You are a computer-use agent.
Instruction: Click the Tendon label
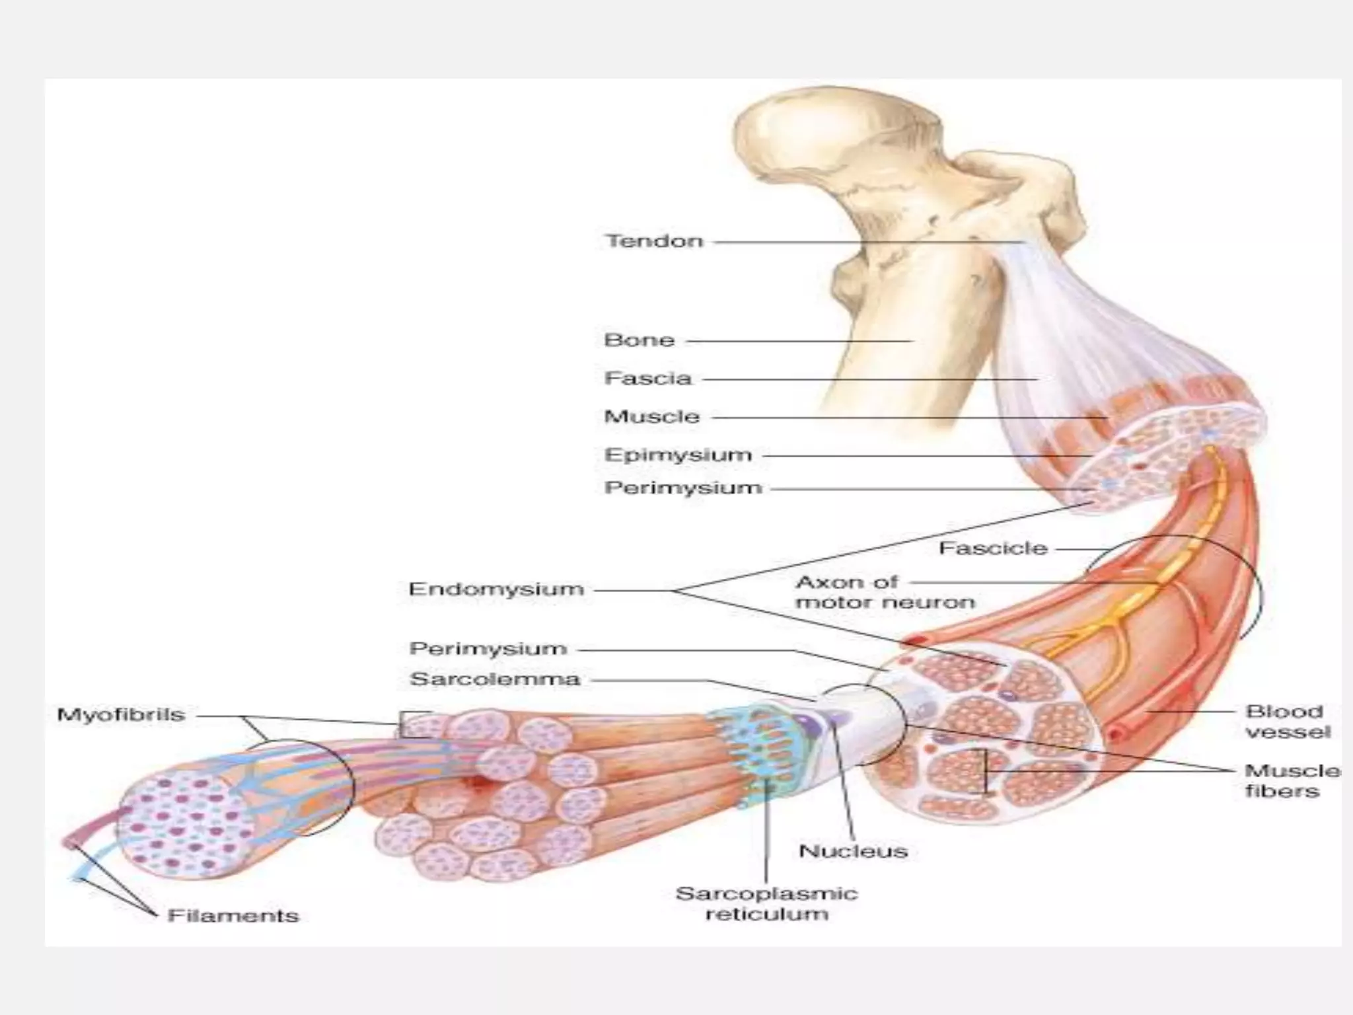[x=654, y=241]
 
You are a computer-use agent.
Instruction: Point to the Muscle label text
[x=651, y=417]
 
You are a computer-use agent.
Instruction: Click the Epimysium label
[x=678, y=455]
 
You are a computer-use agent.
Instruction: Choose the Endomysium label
[x=496, y=589]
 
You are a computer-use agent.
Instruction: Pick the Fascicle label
[x=993, y=548]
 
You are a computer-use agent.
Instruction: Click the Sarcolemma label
[x=495, y=679]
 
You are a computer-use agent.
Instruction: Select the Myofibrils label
[x=121, y=715]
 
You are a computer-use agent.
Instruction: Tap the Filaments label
[x=233, y=916]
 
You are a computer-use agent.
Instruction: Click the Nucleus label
[x=853, y=851]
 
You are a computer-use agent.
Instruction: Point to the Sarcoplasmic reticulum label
[x=766, y=904]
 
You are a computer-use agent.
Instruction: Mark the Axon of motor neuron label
[x=885, y=592]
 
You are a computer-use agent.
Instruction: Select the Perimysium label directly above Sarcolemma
[x=488, y=648]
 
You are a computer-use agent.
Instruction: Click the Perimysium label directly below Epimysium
[x=683, y=488]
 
